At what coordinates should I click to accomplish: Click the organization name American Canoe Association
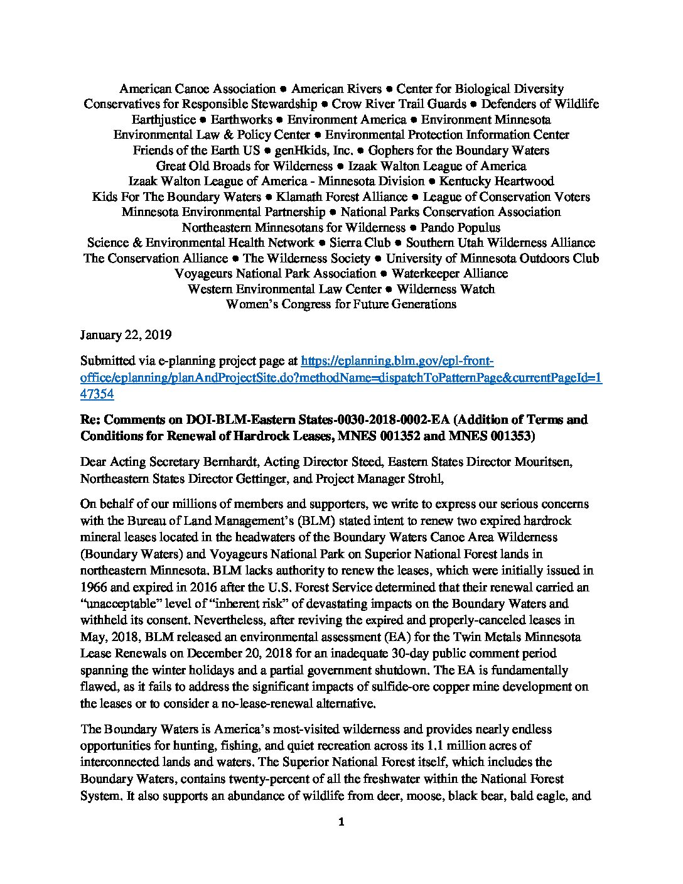coord(198,89)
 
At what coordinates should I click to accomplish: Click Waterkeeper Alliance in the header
coord(449,274)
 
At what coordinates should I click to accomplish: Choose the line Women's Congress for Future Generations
coord(341,305)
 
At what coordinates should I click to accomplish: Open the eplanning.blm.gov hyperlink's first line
coord(397,361)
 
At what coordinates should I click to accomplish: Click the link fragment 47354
coord(97,394)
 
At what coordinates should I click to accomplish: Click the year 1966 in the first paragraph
coord(94,588)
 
